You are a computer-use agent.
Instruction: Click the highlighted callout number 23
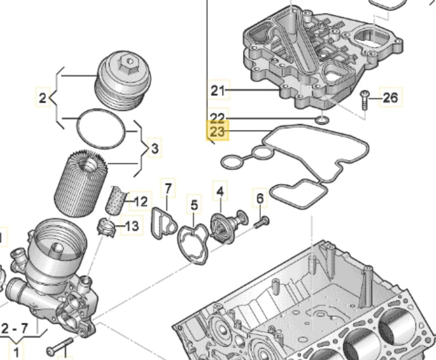(217, 131)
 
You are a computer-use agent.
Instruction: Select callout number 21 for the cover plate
(217, 91)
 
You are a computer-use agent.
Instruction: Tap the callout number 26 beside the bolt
(390, 97)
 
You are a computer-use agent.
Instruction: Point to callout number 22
(217, 117)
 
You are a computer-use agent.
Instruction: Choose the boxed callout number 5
(194, 206)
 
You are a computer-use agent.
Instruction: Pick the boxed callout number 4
(220, 192)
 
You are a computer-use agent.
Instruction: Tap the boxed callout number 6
(260, 198)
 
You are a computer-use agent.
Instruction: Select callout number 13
(131, 227)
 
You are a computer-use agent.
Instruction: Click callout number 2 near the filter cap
(42, 97)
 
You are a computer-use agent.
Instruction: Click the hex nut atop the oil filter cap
(127, 61)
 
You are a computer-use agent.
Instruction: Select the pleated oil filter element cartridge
(81, 183)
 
